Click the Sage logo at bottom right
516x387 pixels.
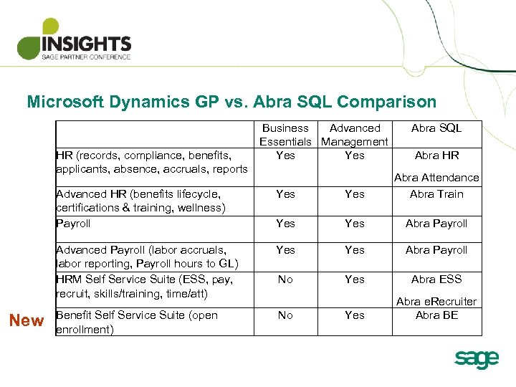tap(476, 358)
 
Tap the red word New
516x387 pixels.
tap(27, 320)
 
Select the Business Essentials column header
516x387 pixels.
tap(285, 135)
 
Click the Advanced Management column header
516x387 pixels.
tap(355, 135)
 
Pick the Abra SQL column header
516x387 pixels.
tap(436, 128)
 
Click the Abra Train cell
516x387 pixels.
tap(436, 194)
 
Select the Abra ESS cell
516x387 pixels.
tap(436, 279)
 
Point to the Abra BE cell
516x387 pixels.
tap(436, 315)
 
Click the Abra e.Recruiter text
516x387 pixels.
tap(436, 302)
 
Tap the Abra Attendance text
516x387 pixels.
tap(436, 178)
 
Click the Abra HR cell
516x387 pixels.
tap(436, 156)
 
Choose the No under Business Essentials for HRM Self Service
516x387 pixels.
tap(285, 279)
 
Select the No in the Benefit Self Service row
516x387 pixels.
tap(285, 315)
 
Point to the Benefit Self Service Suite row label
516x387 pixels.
tap(136, 322)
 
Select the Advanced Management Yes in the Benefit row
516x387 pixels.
tap(355, 315)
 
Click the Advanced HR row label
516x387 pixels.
tap(140, 201)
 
